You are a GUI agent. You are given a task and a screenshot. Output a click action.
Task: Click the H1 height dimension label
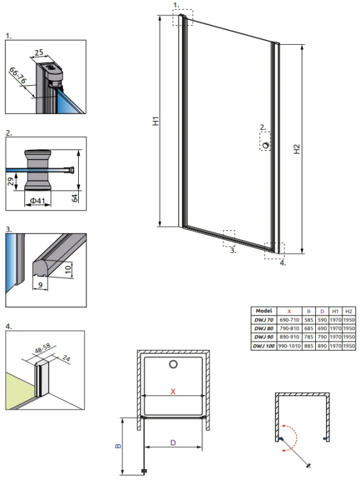pyautogui.click(x=156, y=120)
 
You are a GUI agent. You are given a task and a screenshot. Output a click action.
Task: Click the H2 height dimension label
pyautogui.click(x=297, y=149)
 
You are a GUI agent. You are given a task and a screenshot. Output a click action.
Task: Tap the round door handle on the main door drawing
pyautogui.click(x=266, y=145)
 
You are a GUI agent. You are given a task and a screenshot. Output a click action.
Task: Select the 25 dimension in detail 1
pyautogui.click(x=39, y=52)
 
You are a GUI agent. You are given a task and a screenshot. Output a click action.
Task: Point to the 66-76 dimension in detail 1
pyautogui.click(x=18, y=76)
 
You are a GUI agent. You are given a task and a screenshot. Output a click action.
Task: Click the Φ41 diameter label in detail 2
pyautogui.click(x=37, y=201)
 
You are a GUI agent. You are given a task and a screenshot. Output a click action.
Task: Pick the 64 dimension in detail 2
pyautogui.click(x=75, y=198)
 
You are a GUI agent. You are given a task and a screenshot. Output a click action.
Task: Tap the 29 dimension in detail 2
pyautogui.click(x=11, y=181)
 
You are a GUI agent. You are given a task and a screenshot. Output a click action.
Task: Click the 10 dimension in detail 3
pyautogui.click(x=68, y=269)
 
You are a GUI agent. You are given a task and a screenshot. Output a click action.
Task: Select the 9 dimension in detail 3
pyautogui.click(x=41, y=285)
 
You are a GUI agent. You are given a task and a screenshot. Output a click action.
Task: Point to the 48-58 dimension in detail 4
pyautogui.click(x=42, y=349)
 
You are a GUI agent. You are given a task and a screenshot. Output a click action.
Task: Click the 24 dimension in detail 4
pyautogui.click(x=66, y=358)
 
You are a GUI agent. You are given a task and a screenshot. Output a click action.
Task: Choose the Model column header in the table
pyautogui.click(x=263, y=310)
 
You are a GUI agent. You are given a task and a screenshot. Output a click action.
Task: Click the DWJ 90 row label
pyautogui.click(x=263, y=337)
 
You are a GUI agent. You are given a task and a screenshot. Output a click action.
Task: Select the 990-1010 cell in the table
pyautogui.click(x=289, y=346)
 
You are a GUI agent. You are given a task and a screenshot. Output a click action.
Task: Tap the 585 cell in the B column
pyautogui.click(x=309, y=319)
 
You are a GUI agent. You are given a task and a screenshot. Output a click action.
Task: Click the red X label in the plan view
pyautogui.click(x=173, y=391)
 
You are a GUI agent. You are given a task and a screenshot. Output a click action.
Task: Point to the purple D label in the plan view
pyautogui.click(x=173, y=443)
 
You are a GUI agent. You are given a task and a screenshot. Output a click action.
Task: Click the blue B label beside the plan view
pyautogui.click(x=119, y=446)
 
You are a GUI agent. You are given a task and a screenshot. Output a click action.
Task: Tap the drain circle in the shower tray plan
pyautogui.click(x=173, y=364)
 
